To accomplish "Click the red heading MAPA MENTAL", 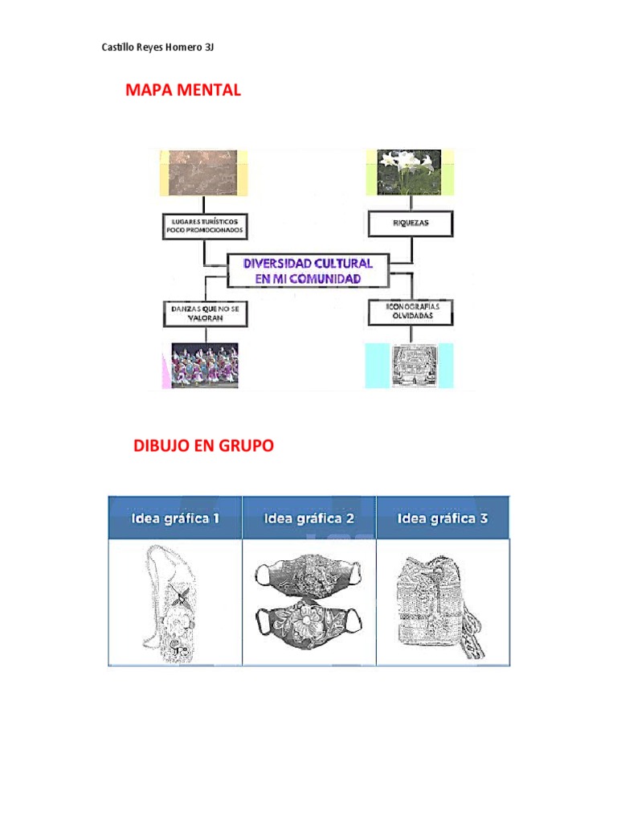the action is [183, 90].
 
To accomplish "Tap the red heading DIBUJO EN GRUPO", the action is [203, 446].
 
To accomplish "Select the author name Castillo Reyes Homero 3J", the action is [157, 47].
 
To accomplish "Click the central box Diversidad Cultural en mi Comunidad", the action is [308, 271].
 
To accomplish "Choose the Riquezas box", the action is [411, 223].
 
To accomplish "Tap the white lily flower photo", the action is [409, 172].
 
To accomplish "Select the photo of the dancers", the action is [204, 366].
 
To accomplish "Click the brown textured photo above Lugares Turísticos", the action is [198, 172].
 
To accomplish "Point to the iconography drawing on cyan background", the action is [409, 366].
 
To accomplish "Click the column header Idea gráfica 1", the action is [176, 518].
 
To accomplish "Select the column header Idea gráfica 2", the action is [309, 518].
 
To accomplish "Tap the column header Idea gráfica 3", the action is [443, 518].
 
